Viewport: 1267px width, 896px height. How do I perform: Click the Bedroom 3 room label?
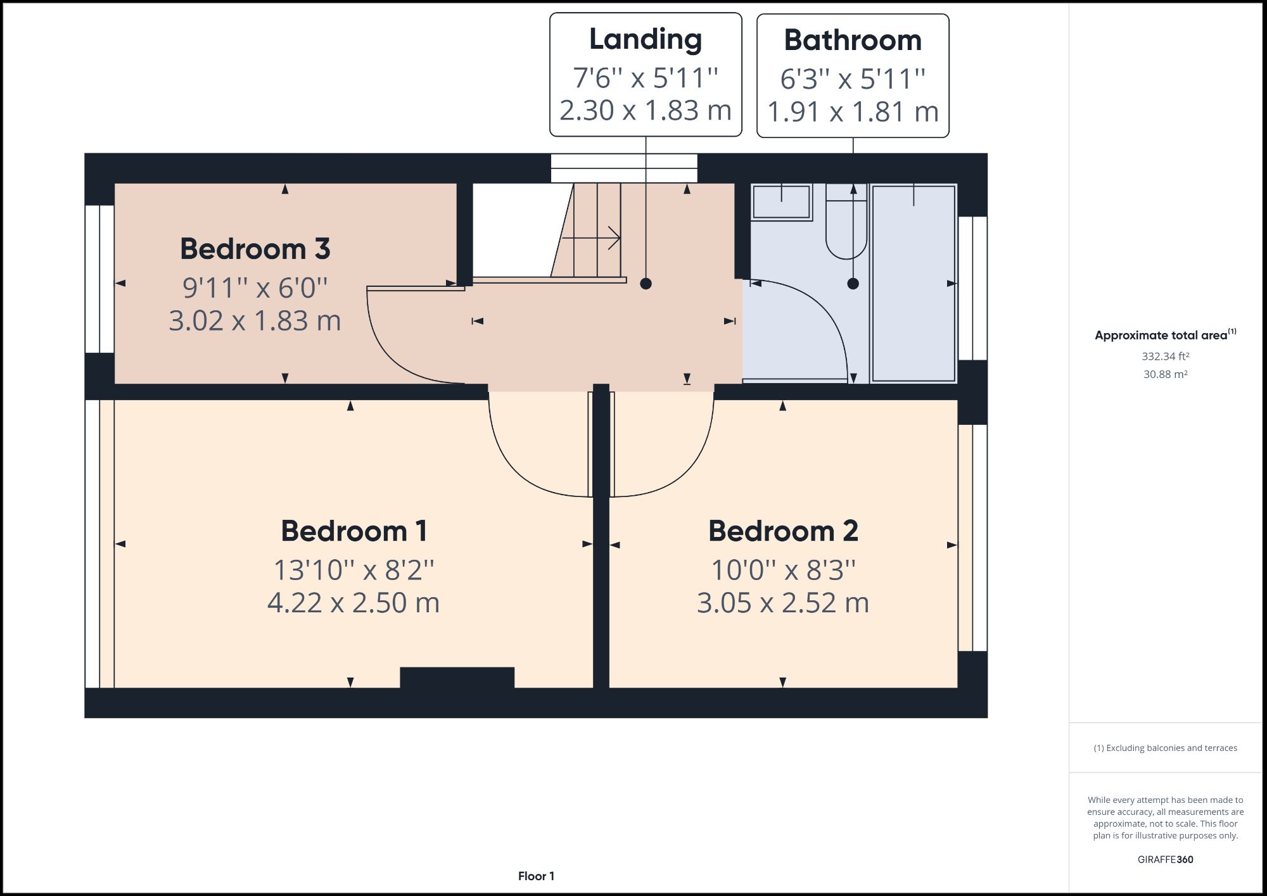pyautogui.click(x=255, y=249)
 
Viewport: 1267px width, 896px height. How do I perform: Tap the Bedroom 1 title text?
pyautogui.click(x=353, y=531)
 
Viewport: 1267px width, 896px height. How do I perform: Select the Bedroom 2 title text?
pyautogui.click(x=783, y=531)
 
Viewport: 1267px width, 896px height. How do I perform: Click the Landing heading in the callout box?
pyautogui.click(x=646, y=39)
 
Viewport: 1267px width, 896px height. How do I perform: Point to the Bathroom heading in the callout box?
pyautogui.click(x=853, y=41)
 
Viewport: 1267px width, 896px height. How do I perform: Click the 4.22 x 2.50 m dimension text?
pyautogui.click(x=353, y=602)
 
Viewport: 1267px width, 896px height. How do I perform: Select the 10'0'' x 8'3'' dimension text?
pyautogui.click(x=783, y=570)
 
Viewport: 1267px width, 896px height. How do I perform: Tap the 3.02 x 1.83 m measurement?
pyautogui.click(x=255, y=320)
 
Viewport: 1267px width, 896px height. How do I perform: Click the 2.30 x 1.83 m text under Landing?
pyautogui.click(x=646, y=110)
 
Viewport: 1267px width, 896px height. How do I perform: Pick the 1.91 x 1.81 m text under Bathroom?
pyautogui.click(x=853, y=111)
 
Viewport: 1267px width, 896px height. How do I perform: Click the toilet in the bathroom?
pyautogui.click(x=846, y=228)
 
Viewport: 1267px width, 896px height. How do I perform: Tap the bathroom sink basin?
pyautogui.click(x=781, y=201)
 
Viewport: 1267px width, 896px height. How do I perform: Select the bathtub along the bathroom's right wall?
pyautogui.click(x=913, y=283)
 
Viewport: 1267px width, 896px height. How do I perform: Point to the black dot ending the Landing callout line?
pyautogui.click(x=646, y=284)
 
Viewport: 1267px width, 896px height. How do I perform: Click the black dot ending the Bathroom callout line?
pyautogui.click(x=853, y=284)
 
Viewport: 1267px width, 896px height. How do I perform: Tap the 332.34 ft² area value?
pyautogui.click(x=1165, y=357)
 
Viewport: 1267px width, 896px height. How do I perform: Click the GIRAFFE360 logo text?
pyautogui.click(x=1165, y=859)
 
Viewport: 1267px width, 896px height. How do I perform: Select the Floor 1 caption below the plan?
pyautogui.click(x=536, y=876)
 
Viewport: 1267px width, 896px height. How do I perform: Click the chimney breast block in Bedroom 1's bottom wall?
pyautogui.click(x=457, y=677)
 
